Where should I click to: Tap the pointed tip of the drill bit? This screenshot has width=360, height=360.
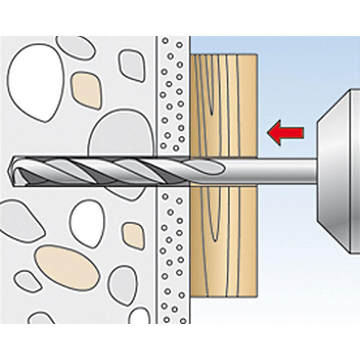click(x=11, y=171)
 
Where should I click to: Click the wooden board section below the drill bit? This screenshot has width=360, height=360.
click(x=223, y=240)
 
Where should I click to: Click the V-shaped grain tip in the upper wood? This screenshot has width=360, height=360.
click(x=211, y=113)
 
